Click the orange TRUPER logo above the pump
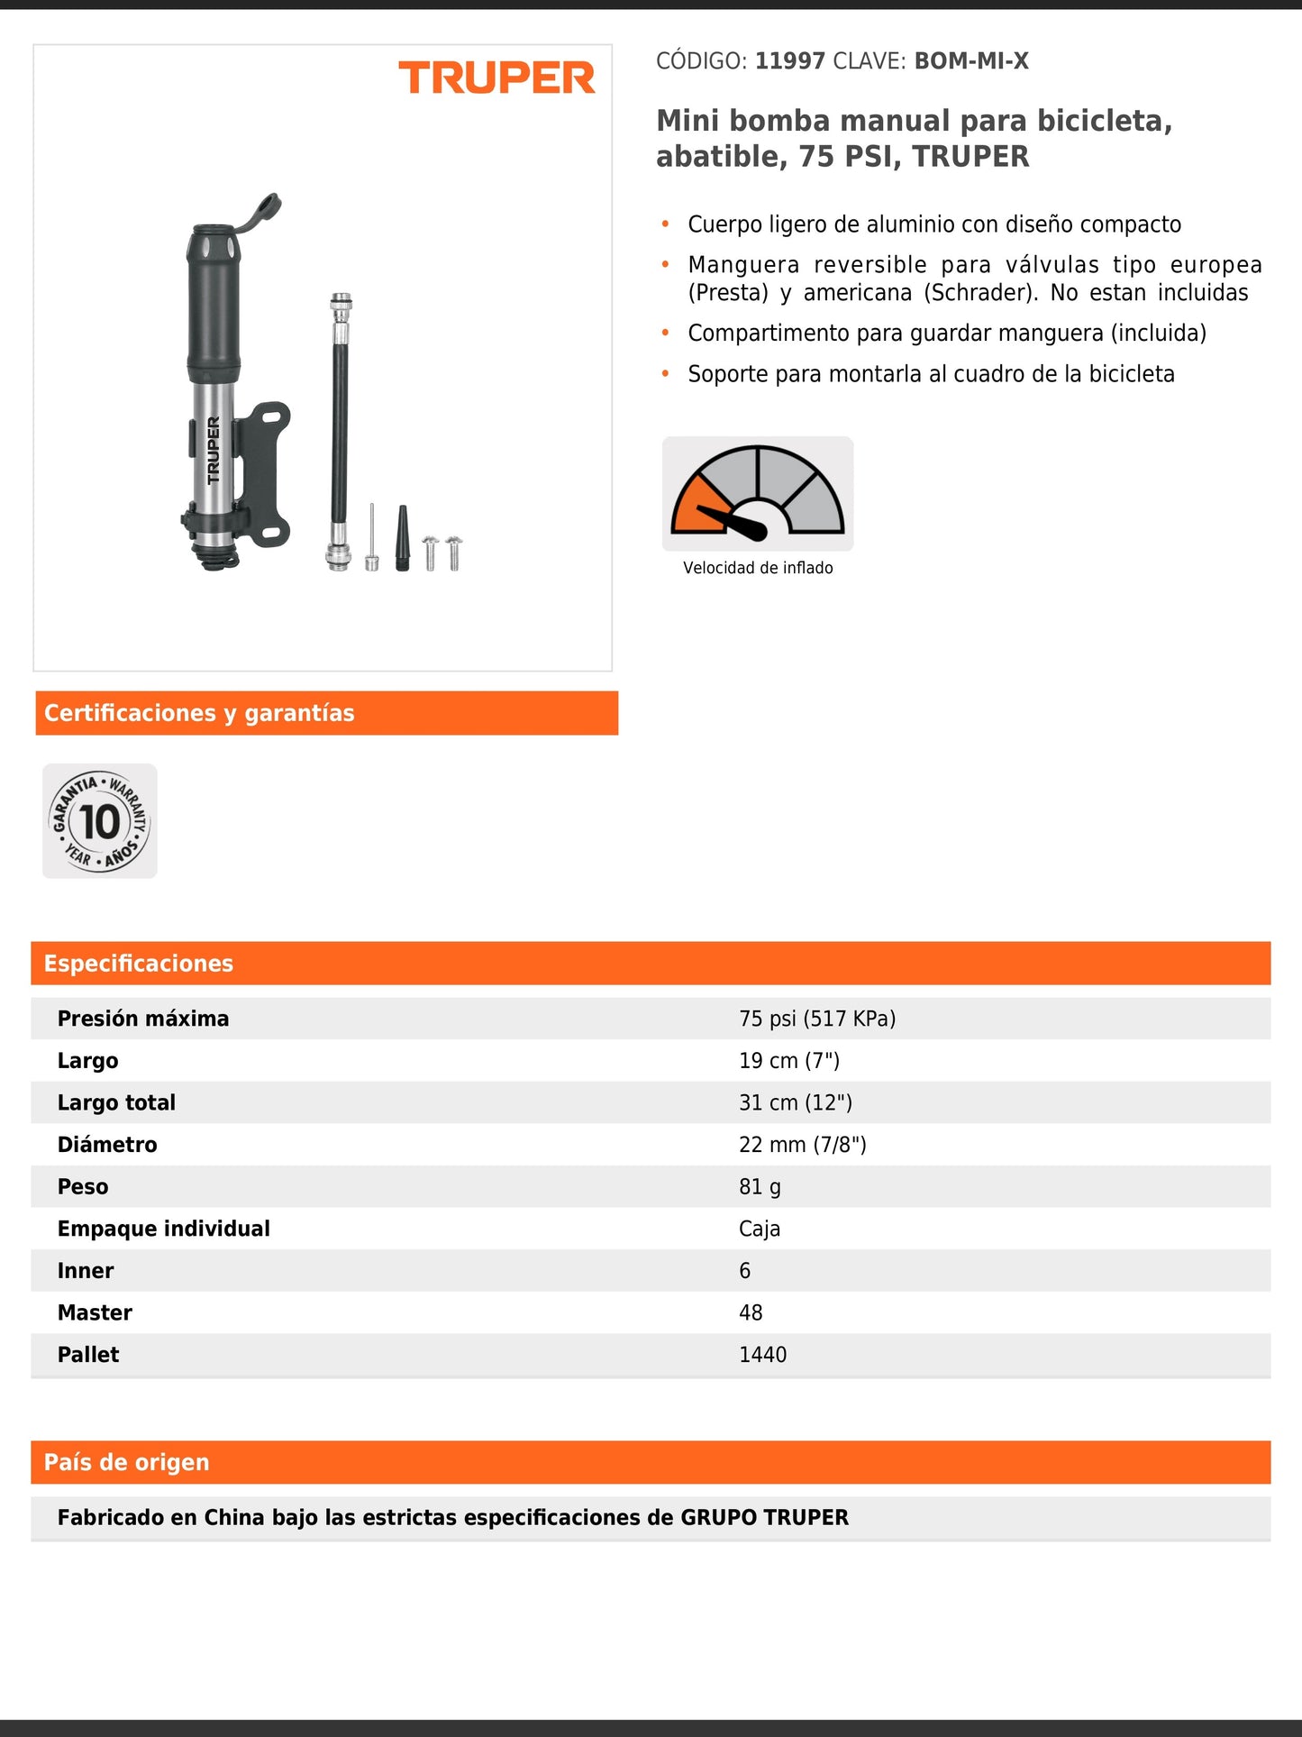click(x=496, y=78)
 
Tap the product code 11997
click(x=789, y=61)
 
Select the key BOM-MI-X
click(x=971, y=61)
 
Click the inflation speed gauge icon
click(x=758, y=494)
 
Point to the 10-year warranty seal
click(x=100, y=821)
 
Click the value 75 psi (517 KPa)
click(x=817, y=1019)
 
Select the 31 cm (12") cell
click(x=795, y=1102)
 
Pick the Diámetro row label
click(x=107, y=1145)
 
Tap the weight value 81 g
click(x=760, y=1186)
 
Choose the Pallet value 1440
click(x=762, y=1355)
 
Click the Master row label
click(x=95, y=1312)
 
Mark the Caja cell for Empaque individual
click(x=760, y=1229)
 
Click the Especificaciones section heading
click(x=139, y=964)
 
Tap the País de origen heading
click(x=127, y=1462)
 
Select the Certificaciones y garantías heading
click(x=199, y=713)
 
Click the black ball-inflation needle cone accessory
click(x=403, y=538)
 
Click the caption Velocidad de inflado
click(x=758, y=568)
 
